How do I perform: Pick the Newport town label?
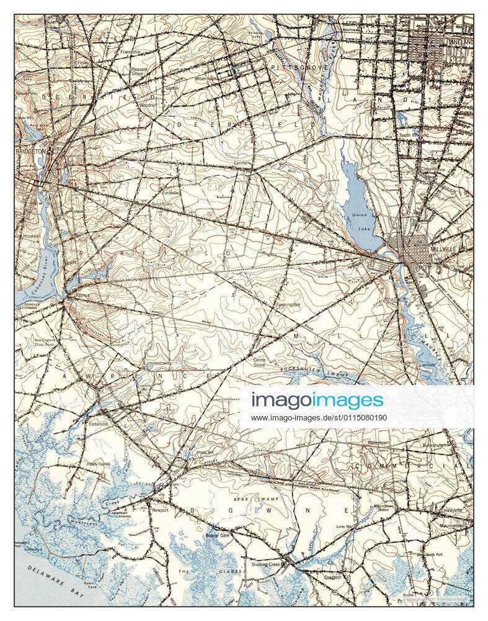pos(160,510)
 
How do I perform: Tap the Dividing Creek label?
pos(267,564)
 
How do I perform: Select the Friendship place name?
pos(130,52)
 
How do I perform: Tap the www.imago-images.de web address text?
pos(319,417)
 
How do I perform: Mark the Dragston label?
pos(334,577)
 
